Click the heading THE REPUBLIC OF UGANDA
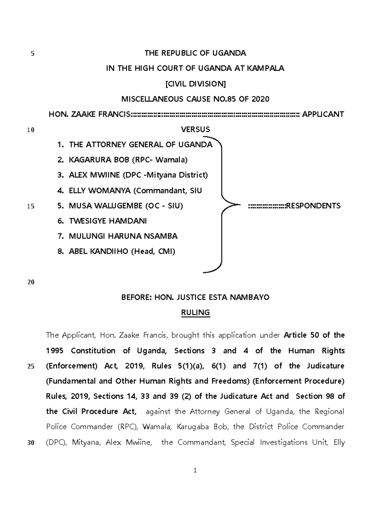tap(195, 53)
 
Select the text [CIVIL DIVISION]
tap(195, 84)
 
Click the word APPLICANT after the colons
tap(323, 114)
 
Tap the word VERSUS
tap(195, 129)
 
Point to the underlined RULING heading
tap(195, 313)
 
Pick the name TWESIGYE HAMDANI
tap(108, 221)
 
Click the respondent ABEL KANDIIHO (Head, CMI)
tap(122, 251)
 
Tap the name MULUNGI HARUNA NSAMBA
tap(123, 236)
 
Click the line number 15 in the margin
tap(31, 206)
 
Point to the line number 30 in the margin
tap(31, 443)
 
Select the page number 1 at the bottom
tap(195, 470)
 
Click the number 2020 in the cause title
tap(260, 99)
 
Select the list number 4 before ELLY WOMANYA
tap(60, 191)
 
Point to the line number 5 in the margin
tap(32, 54)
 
